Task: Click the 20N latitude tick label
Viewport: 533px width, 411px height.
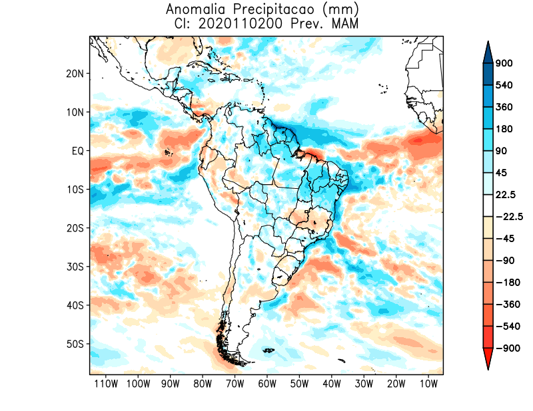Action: click(75, 73)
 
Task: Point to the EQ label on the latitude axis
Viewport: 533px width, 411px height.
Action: click(77, 151)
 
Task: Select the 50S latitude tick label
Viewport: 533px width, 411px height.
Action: click(75, 344)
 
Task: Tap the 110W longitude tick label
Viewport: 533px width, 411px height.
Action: click(105, 384)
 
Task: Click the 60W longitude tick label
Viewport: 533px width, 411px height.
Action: click(266, 384)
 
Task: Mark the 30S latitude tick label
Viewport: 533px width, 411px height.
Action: click(75, 267)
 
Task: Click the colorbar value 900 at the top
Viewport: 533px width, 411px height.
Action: click(504, 64)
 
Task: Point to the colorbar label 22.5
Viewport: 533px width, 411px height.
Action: click(506, 194)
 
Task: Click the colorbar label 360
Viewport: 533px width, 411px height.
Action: click(504, 107)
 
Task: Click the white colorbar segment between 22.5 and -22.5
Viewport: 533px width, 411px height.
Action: click(488, 205)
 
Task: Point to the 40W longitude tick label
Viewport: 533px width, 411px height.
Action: click(331, 384)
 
